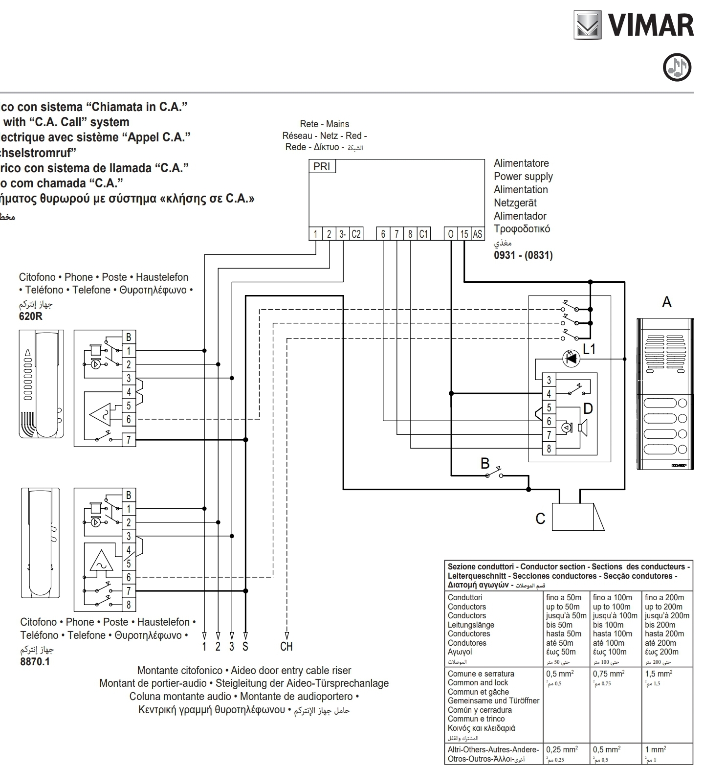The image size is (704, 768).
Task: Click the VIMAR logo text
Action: tap(650, 25)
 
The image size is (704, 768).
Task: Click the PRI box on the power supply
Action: tap(322, 166)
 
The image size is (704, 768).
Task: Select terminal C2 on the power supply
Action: tap(356, 234)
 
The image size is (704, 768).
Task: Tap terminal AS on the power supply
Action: tap(477, 234)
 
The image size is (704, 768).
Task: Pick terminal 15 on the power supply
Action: tap(464, 234)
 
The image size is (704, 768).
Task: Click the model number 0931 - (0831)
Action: tap(523, 255)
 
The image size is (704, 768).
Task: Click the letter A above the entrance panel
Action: tap(666, 302)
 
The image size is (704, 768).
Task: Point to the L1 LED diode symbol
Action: tap(571, 359)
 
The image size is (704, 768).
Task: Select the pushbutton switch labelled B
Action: tap(494, 474)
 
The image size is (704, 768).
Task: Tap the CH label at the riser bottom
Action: tap(286, 646)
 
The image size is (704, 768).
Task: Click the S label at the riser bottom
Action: tap(245, 646)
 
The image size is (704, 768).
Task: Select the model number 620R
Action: tap(30, 316)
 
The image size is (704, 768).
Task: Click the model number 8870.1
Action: tap(35, 661)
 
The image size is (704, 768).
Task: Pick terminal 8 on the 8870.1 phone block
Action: tap(129, 605)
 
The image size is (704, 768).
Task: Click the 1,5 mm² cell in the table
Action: tap(658, 674)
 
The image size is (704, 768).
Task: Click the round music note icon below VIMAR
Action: tap(677, 68)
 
